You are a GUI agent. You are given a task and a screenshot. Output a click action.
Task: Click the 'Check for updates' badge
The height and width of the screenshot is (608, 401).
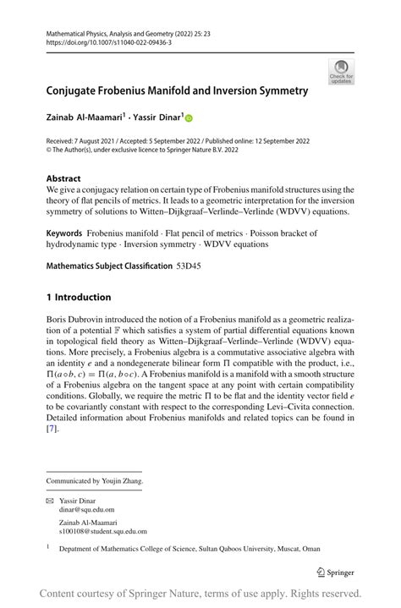343,70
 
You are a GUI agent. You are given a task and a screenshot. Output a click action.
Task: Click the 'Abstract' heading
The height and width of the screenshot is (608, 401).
63,178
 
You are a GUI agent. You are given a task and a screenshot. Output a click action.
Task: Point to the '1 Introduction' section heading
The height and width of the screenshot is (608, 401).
79,297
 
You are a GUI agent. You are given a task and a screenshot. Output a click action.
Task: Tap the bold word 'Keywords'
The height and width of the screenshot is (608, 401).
64,232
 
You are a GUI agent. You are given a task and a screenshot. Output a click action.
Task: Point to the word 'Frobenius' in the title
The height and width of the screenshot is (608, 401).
129,90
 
